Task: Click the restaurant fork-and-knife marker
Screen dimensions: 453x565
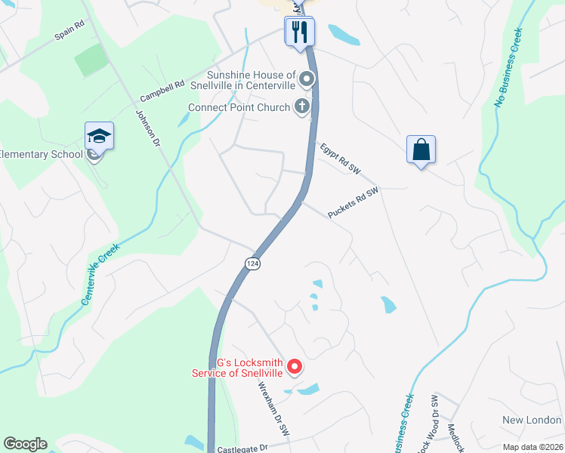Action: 299,32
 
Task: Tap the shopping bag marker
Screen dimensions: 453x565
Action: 421,149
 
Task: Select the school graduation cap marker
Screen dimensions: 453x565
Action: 99,136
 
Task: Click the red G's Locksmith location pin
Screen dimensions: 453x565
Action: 295,368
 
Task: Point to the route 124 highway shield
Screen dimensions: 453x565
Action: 252,262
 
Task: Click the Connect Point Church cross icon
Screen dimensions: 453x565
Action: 302,106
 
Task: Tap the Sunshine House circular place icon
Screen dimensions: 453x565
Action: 306,79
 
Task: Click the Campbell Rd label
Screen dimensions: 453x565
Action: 162,92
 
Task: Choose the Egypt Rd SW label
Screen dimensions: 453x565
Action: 341,159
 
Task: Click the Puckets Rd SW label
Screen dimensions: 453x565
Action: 353,203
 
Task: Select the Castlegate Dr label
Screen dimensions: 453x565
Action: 242,448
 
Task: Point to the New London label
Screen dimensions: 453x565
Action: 532,420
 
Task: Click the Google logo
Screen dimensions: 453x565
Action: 25,444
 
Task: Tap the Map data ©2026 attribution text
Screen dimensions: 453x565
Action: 533,447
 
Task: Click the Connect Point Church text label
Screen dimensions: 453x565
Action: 239,108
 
